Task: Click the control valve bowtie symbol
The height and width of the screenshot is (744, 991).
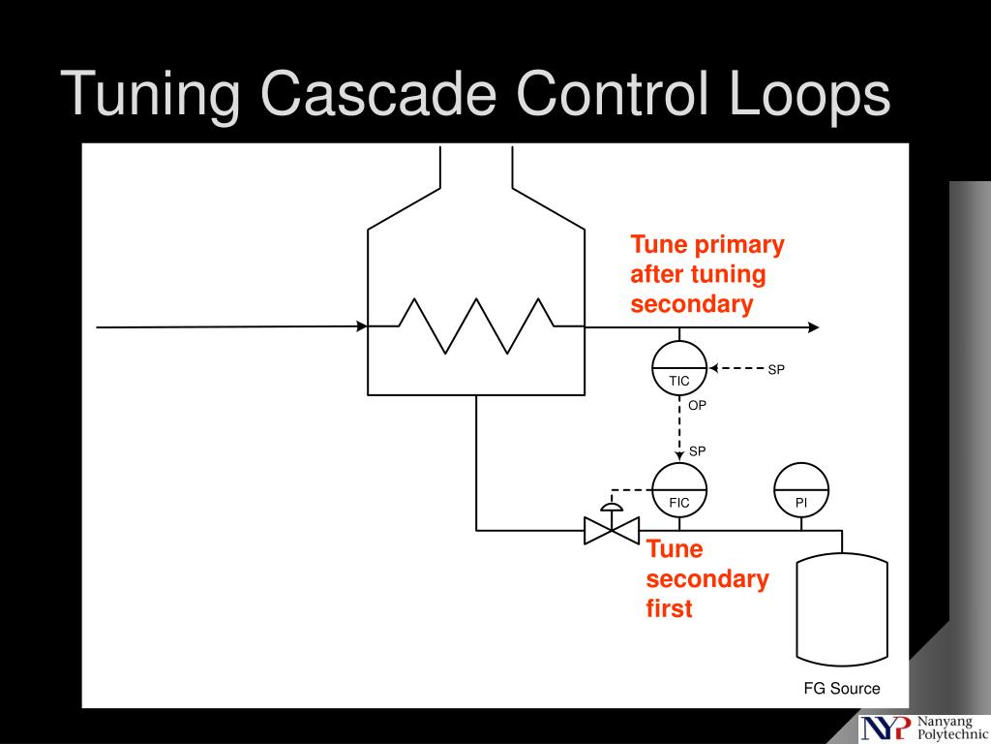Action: pos(612,531)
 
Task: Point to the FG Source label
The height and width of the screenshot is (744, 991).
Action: pos(842,689)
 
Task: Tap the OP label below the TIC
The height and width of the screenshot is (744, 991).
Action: pos(697,406)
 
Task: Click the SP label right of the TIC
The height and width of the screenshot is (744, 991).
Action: pos(776,370)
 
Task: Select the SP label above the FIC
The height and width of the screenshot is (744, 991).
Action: pos(697,451)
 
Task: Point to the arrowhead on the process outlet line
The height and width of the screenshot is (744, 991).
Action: pos(813,327)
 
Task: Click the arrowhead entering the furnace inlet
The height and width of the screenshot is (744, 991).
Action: pos(362,326)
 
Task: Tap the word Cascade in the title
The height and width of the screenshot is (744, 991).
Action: pos(378,93)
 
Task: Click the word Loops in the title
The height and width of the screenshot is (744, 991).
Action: pos(810,94)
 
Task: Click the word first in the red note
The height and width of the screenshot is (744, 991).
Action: pos(669,608)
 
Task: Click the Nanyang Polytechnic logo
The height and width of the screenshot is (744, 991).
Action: pos(923,728)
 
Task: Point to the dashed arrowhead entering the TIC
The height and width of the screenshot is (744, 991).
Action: pos(713,368)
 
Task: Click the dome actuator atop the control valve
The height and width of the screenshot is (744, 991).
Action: pos(612,507)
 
